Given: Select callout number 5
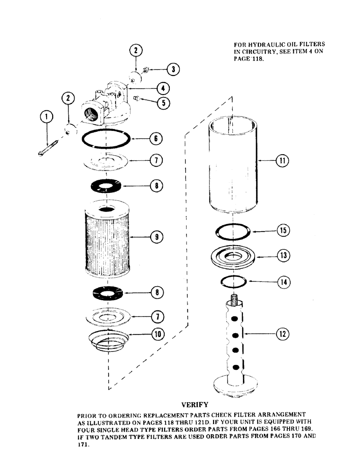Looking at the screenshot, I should pos(163,103).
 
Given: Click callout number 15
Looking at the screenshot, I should pos(283,230).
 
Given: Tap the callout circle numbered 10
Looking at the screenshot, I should pos(157,334).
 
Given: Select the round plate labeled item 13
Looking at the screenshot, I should pos(231,258).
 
